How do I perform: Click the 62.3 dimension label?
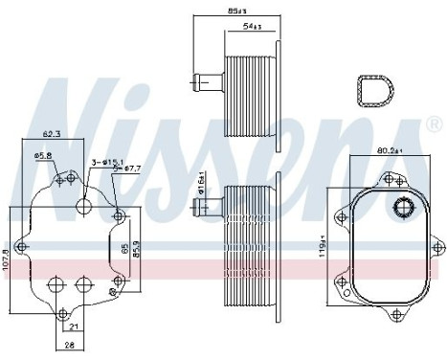(x=52, y=136)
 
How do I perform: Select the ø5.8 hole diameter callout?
(x=43, y=155)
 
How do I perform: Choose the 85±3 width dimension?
(x=235, y=11)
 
